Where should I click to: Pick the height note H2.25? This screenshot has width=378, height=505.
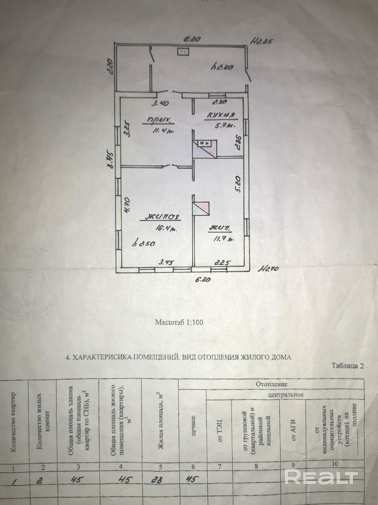pos(262,41)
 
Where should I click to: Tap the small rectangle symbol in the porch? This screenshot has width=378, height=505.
pos(183,51)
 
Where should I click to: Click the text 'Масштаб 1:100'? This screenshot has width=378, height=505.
pos(179,322)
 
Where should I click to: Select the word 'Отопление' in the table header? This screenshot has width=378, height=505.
pos(272,383)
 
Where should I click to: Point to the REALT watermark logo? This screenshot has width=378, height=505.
pos(321,477)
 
